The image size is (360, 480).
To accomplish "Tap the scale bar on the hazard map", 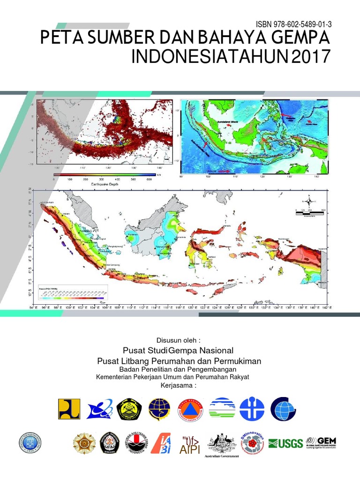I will pyautogui.click(x=309, y=213).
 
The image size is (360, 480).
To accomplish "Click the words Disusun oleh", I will pyautogui.click(x=180, y=340).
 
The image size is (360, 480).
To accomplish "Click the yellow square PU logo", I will pyautogui.click(x=69, y=409).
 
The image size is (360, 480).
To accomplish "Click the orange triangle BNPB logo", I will pyautogui.click(x=191, y=409).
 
